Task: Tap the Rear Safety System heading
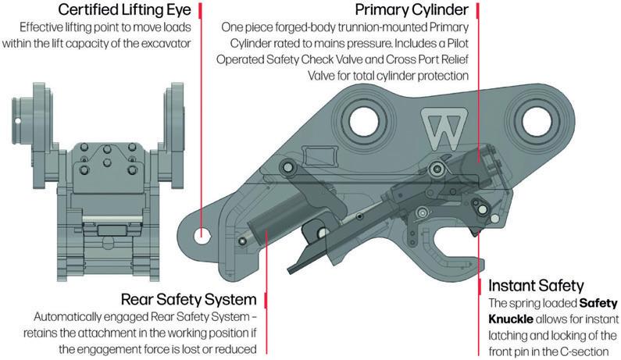pos(189,299)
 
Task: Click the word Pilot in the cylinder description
pos(452,45)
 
